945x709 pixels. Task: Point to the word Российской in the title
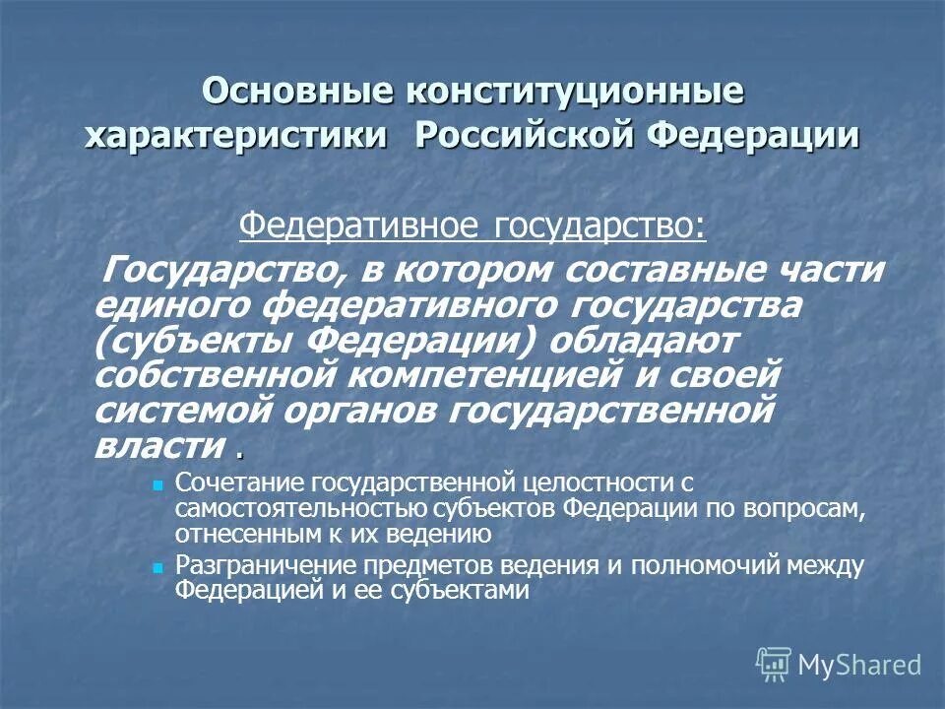[x=522, y=136]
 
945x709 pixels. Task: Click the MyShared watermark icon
[x=774, y=665]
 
